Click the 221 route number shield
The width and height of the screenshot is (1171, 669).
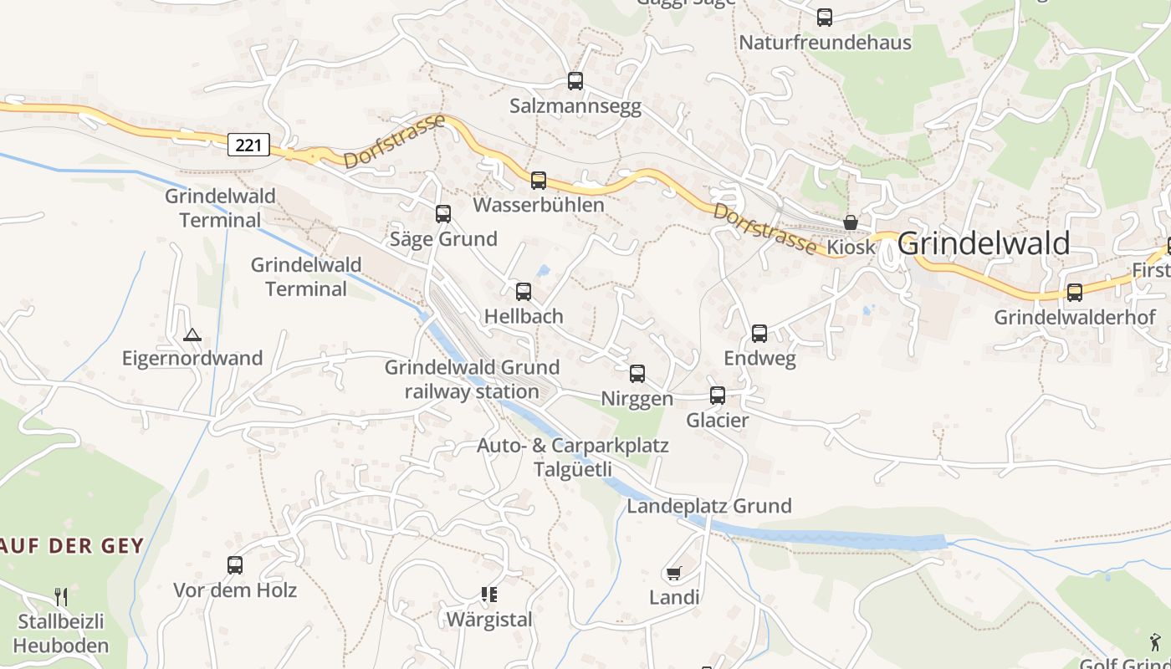[248, 145]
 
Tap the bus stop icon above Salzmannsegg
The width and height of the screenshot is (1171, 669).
[575, 81]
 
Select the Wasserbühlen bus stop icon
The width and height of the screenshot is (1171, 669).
[539, 181]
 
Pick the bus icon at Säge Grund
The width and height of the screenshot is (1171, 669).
[443, 214]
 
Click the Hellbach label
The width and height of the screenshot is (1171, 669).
[524, 316]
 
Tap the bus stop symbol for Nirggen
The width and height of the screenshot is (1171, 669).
[637, 374]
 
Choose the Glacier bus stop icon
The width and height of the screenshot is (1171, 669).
[718, 396]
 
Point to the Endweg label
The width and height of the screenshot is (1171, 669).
[759, 358]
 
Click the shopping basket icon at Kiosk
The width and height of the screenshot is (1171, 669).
[851, 222]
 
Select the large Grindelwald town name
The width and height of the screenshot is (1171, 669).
[983, 243]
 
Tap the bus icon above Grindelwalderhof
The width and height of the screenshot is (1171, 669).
[1075, 293]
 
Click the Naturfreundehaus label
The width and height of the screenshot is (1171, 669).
[825, 42]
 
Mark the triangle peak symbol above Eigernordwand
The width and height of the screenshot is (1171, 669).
[192, 335]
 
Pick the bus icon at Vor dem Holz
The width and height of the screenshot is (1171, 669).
[235, 565]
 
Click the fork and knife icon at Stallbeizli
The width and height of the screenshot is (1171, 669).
[61, 596]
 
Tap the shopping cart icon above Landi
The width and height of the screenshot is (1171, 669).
[674, 574]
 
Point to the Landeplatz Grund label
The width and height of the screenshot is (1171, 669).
[709, 506]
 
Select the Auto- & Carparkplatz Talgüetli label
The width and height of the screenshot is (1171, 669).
[573, 457]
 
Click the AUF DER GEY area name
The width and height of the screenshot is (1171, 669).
[73, 546]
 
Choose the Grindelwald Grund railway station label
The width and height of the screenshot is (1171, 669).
[472, 379]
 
